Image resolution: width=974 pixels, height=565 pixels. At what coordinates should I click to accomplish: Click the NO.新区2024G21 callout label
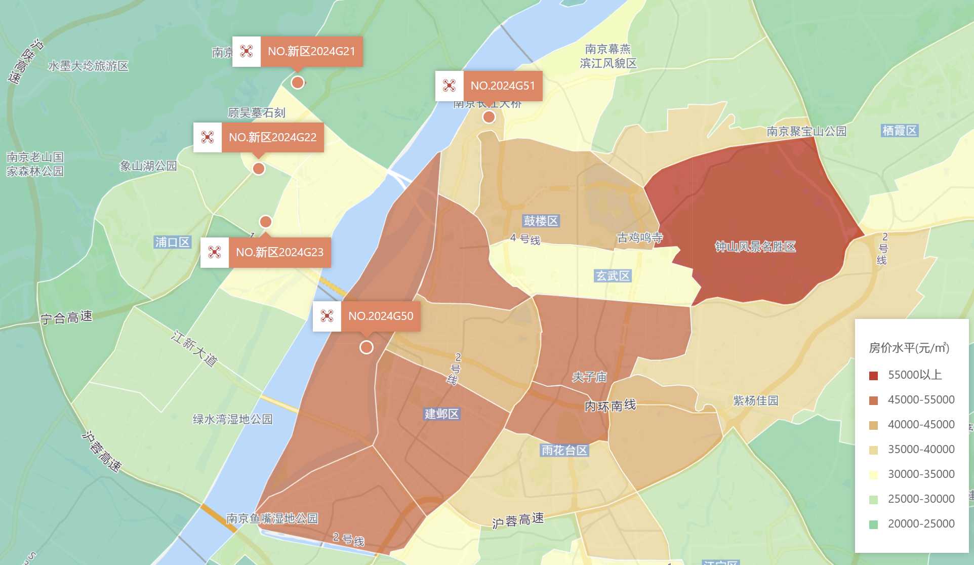(x=311, y=51)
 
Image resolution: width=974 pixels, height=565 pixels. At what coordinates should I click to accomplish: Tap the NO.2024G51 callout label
(x=503, y=86)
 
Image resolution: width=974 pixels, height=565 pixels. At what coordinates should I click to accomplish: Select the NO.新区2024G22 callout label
(x=272, y=137)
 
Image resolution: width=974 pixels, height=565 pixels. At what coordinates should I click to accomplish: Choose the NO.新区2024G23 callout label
(x=279, y=252)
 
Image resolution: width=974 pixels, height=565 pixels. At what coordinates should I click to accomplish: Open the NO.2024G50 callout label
(x=381, y=316)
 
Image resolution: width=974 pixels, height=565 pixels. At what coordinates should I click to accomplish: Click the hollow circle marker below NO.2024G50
(x=367, y=347)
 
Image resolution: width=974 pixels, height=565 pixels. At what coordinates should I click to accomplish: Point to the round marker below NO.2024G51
(x=489, y=117)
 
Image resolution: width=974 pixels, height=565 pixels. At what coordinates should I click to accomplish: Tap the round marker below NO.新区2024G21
(x=298, y=83)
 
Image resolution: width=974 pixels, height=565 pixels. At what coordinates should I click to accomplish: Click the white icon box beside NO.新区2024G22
(x=208, y=137)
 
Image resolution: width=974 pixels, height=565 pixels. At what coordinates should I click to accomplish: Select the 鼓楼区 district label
(x=541, y=221)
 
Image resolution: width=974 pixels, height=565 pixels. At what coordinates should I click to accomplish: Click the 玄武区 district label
(x=613, y=276)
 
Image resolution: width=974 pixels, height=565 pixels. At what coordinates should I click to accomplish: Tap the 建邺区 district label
(x=441, y=414)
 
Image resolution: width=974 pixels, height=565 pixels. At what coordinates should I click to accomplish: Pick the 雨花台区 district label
(x=564, y=450)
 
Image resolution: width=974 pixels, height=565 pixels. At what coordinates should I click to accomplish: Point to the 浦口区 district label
(x=172, y=243)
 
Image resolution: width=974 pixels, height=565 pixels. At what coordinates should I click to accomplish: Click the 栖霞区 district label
(x=900, y=131)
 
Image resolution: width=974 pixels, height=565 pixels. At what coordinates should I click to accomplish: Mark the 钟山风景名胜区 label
(x=755, y=247)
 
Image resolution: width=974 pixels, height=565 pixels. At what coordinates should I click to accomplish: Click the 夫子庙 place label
(x=589, y=377)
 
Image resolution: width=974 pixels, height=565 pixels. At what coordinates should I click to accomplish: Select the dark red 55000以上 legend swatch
(x=873, y=376)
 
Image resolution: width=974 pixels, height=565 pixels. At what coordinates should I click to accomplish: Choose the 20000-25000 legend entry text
(x=921, y=523)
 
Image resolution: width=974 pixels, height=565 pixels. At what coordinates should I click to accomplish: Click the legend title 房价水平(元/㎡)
(x=909, y=348)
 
